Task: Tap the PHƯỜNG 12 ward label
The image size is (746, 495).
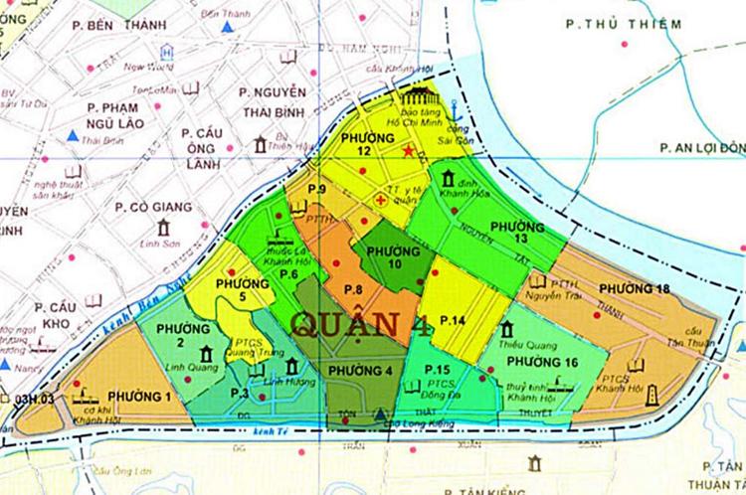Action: click(x=360, y=142)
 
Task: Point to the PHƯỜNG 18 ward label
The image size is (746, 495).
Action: click(x=634, y=288)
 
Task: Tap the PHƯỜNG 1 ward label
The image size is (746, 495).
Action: click(x=139, y=397)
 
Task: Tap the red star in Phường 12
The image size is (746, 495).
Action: click(x=409, y=151)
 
